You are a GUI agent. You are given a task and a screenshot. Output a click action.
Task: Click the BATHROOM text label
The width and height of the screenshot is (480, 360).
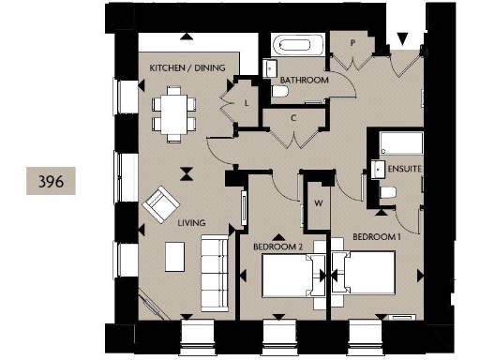coord(306,82)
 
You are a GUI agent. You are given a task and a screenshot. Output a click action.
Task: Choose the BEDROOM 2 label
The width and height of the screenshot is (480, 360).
coord(277,247)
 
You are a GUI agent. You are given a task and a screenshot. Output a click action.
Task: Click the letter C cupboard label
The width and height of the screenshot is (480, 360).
coord(293,118)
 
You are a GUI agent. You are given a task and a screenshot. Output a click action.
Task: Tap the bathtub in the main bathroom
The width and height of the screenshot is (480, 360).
coord(296,46)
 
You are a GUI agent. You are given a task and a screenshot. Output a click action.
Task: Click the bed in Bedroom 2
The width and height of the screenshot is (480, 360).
coord(290,276)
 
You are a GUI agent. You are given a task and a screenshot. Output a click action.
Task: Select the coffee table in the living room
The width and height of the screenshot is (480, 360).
coord(174,255)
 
